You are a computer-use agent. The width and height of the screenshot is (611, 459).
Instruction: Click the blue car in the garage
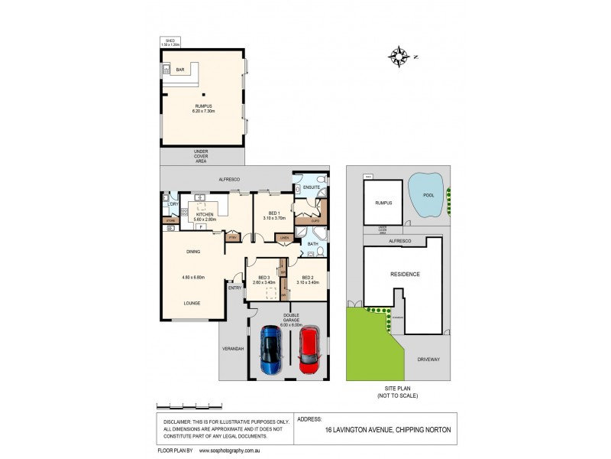coord(270,351)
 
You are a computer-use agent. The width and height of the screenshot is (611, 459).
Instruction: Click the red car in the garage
coord(309,351)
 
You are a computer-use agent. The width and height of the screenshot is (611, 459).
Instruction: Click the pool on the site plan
coord(427,194)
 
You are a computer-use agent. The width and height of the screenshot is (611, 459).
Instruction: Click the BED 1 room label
coord(267,213)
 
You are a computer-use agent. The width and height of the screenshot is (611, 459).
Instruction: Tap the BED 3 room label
coord(263,278)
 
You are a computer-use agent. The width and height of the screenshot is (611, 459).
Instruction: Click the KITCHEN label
coord(205,215)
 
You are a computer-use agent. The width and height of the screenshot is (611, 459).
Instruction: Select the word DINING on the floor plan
coord(193,251)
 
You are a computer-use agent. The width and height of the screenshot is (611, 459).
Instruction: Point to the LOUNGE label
coord(192,303)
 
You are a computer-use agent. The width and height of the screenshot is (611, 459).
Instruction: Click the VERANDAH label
coord(232,349)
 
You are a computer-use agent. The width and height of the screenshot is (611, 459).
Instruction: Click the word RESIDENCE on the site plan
coord(406,273)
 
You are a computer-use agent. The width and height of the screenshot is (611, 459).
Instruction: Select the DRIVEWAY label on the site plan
coord(429,358)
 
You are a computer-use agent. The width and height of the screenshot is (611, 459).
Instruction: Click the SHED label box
coord(170,43)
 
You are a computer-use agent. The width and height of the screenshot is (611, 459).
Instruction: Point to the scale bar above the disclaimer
coord(191,403)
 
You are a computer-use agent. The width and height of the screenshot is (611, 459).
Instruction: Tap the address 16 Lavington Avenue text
coord(386,430)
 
